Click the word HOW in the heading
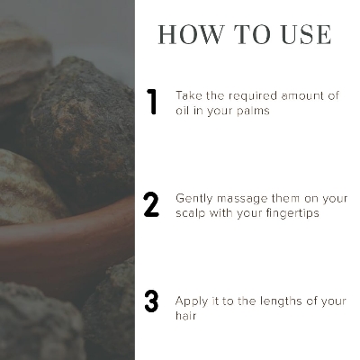point(192,35)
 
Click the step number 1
point(152,102)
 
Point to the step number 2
point(151,204)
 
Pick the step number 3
point(151,301)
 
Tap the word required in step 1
point(253,97)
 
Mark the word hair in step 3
point(186,316)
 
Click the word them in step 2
point(285,199)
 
